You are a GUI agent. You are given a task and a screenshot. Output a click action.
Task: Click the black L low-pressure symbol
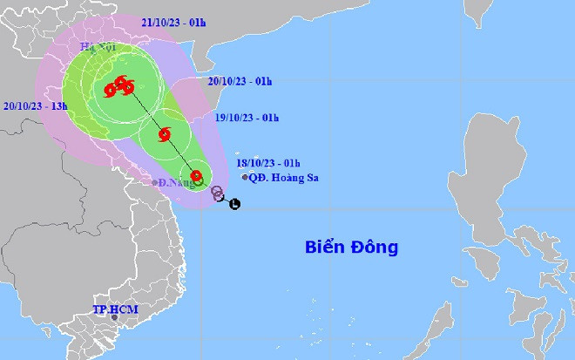tap(234, 205)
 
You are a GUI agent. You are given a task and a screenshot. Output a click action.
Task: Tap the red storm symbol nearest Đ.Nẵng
tap(197, 176)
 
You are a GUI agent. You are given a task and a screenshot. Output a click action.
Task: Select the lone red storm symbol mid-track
tap(163, 134)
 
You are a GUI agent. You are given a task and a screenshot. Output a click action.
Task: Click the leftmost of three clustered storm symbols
tap(109, 89)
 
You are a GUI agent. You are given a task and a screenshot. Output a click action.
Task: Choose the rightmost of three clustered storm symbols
tap(129, 86)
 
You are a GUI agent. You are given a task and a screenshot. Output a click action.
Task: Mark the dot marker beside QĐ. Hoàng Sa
tap(243, 177)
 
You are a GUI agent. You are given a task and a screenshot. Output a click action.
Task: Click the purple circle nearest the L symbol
tap(219, 196)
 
